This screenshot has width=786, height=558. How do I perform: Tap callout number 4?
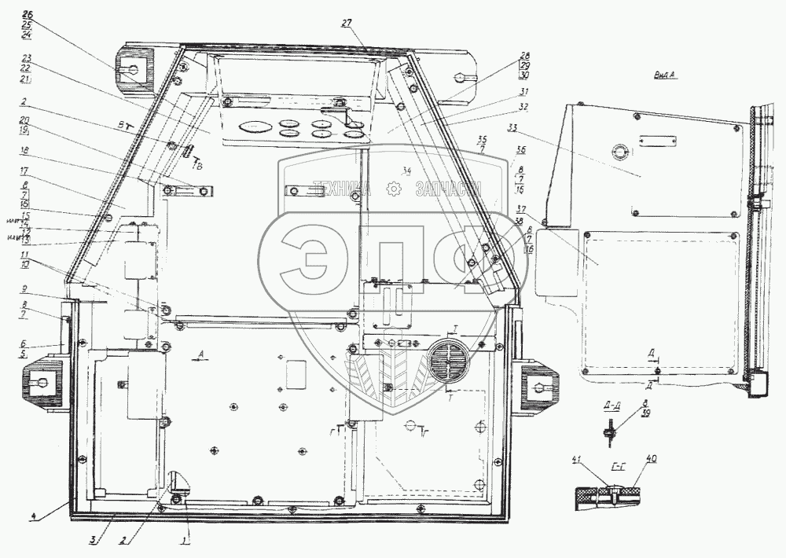tap(34, 516)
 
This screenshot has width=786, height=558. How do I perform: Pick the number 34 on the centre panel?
tap(406, 171)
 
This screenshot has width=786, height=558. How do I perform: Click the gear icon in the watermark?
tap(393, 189)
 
